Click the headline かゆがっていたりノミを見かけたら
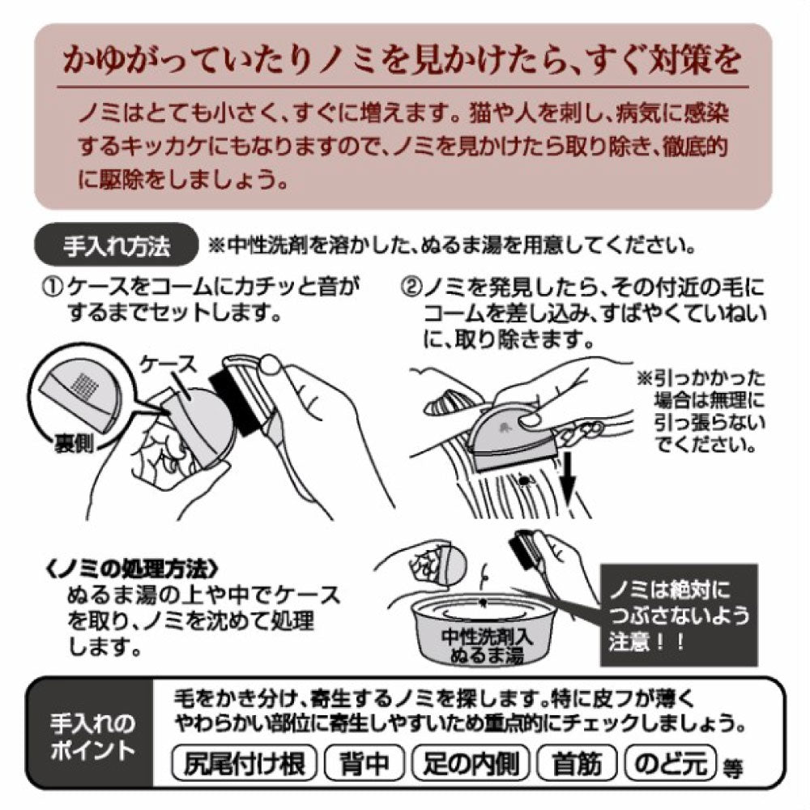403,62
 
